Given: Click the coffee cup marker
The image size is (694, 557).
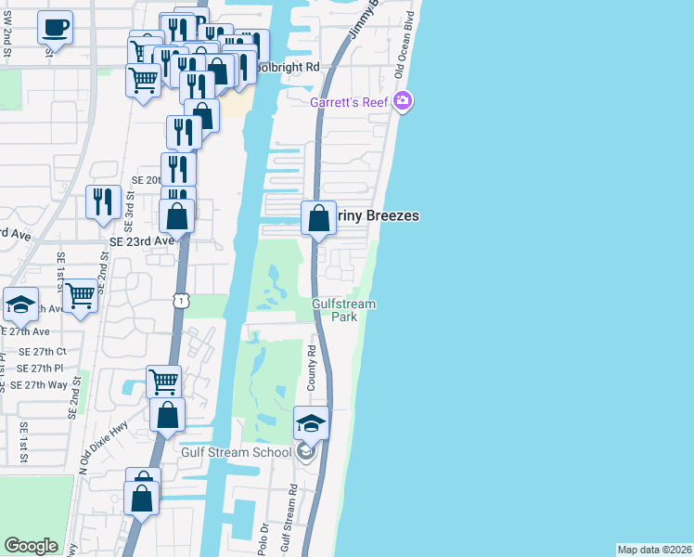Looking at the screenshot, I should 56,27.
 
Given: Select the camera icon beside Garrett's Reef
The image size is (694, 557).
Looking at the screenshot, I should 403,100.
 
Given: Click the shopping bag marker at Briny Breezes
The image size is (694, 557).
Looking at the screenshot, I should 318,220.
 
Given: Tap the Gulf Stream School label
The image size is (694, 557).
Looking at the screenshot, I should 244,452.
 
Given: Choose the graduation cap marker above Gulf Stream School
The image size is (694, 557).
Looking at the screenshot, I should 311,424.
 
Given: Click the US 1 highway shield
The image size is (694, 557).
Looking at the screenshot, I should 181,299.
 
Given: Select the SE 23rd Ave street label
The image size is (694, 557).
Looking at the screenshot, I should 142,240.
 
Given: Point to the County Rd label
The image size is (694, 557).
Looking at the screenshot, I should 312,369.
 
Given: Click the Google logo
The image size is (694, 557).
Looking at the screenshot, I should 31,546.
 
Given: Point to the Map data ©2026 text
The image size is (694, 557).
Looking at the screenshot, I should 654,550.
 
